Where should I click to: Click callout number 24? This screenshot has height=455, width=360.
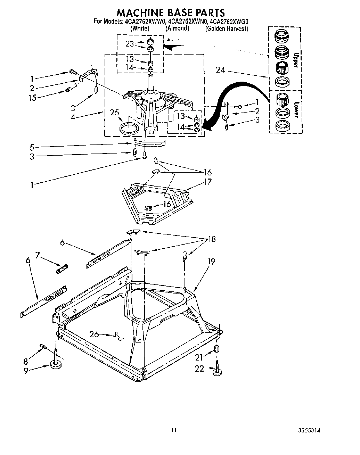click(220, 70)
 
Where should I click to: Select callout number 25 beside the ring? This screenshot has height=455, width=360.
click(115, 113)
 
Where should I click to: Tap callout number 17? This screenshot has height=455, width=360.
click(207, 182)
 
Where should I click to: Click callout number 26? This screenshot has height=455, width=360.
click(94, 334)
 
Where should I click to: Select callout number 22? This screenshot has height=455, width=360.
click(199, 369)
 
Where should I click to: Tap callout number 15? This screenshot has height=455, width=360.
click(32, 98)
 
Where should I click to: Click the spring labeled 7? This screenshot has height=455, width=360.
click(62, 268)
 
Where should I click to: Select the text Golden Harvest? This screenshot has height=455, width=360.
click(227, 29)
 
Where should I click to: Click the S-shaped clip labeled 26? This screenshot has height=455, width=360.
click(119, 336)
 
